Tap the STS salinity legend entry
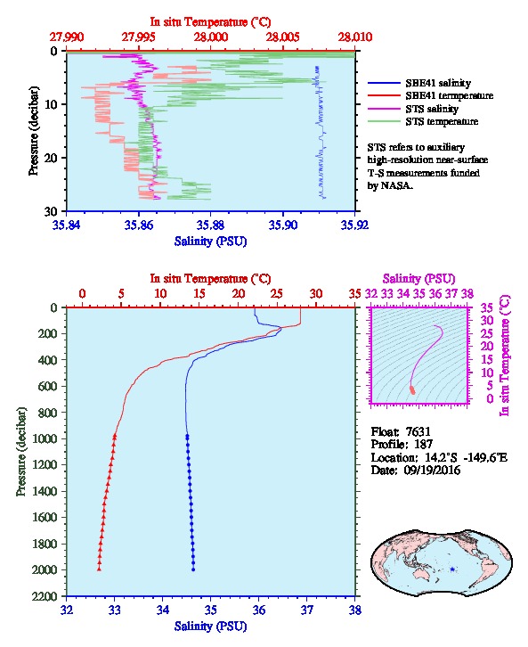click(x=432, y=109)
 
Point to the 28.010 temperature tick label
click(x=355, y=37)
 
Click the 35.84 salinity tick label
click(x=67, y=225)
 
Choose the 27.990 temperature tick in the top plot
click(x=67, y=37)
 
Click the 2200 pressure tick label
click(x=45, y=596)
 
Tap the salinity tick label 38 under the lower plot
click(x=355, y=610)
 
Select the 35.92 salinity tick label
click(x=355, y=225)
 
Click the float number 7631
click(x=418, y=431)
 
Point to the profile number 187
click(x=423, y=444)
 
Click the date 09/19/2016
click(x=432, y=470)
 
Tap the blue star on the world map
click(x=452, y=569)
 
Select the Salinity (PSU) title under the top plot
click(x=210, y=241)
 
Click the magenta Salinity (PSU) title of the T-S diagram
click(x=418, y=279)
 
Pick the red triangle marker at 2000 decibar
click(x=99, y=569)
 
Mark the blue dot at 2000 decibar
click(x=193, y=569)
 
